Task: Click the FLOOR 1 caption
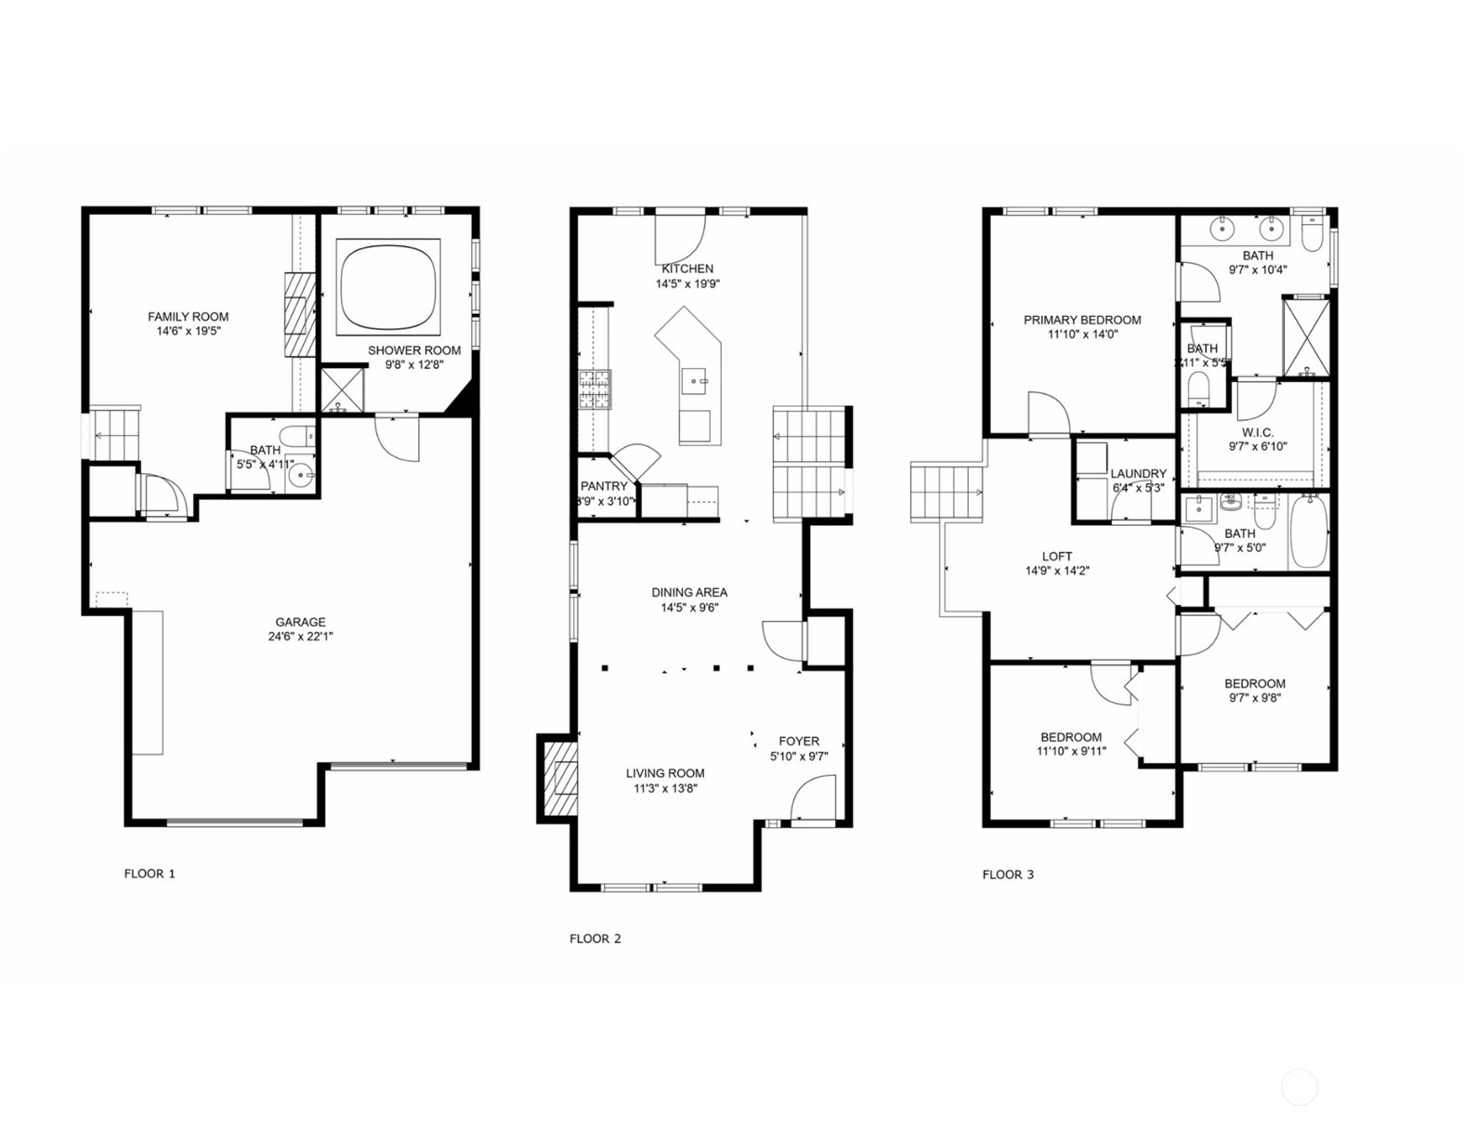[150, 874]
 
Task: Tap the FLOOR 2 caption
[595, 939]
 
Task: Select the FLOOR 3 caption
[1008, 875]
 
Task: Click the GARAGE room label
[300, 622]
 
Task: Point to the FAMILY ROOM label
[188, 317]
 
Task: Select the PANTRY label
[604, 486]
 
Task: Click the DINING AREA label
[689, 592]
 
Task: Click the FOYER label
[799, 742]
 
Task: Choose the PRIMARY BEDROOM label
[1082, 320]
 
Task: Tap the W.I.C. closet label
[1258, 432]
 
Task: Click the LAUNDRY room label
[1138, 473]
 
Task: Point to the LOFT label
[1057, 557]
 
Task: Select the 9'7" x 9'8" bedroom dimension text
[1254, 698]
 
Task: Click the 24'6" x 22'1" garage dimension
[300, 637]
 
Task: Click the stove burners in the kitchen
[595, 389]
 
